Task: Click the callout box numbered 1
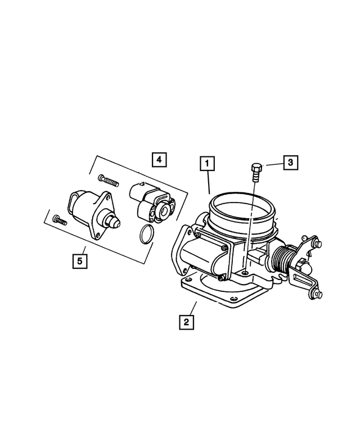click(x=208, y=164)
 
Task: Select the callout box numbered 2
click(x=186, y=323)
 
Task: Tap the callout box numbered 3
click(x=290, y=163)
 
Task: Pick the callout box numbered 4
click(x=159, y=160)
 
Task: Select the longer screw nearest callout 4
click(x=109, y=180)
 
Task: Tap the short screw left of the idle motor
click(x=58, y=219)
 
